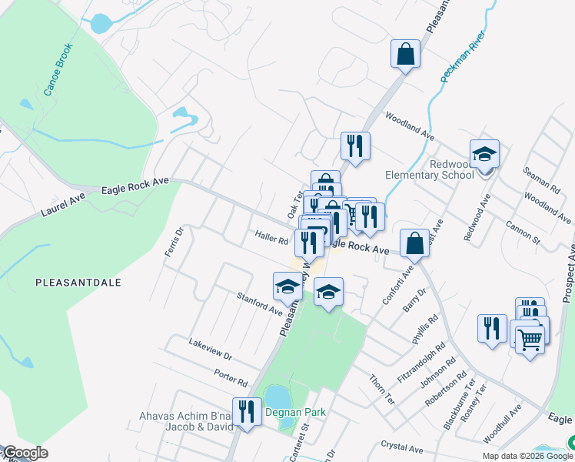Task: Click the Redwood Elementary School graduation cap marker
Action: (x=484, y=155)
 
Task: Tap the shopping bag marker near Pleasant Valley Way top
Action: (x=405, y=55)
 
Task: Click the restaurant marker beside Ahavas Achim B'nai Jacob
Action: (x=246, y=411)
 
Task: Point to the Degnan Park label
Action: (x=296, y=413)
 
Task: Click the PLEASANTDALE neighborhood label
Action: (x=78, y=283)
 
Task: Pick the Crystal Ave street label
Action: (x=402, y=447)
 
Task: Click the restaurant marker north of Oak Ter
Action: (x=355, y=146)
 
